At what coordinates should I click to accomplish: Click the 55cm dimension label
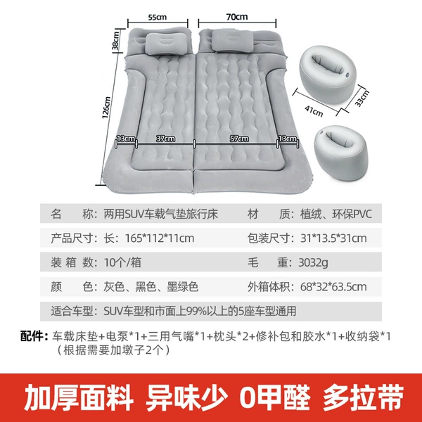click(x=158, y=17)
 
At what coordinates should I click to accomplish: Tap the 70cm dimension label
click(x=237, y=17)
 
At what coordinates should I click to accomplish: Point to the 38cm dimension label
click(x=116, y=40)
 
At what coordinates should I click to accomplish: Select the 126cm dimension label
click(x=106, y=107)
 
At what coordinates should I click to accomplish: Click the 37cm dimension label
click(x=165, y=139)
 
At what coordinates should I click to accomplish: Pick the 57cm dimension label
click(x=239, y=139)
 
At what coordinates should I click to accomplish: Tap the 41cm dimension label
click(x=314, y=111)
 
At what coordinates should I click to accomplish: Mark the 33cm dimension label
click(x=362, y=98)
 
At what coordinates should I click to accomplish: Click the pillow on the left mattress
click(x=165, y=43)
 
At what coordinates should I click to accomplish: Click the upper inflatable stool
click(x=328, y=73)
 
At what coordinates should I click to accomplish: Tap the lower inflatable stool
click(x=341, y=153)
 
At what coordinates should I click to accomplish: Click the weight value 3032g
click(x=313, y=262)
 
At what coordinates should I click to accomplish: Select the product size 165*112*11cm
click(x=160, y=238)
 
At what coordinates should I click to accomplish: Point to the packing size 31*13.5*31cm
click(x=333, y=238)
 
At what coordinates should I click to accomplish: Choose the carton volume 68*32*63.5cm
click(x=333, y=287)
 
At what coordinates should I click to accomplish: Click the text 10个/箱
click(x=122, y=262)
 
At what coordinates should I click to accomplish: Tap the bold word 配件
click(x=32, y=336)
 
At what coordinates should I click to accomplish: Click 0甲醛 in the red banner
click(x=275, y=397)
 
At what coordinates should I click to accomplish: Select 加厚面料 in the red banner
click(x=79, y=397)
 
